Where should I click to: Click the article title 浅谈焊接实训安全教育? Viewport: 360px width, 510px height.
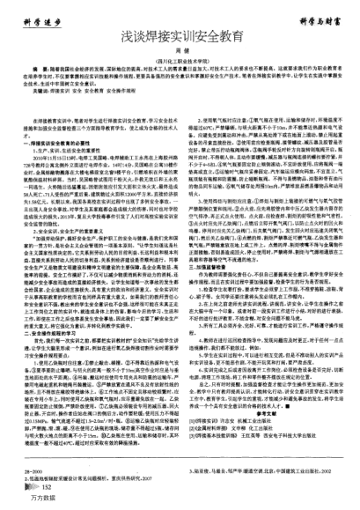coord(180,40)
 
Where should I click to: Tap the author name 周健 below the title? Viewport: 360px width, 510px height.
coord(180,56)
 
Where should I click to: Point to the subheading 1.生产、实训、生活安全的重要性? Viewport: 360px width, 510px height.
coord(75,147)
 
